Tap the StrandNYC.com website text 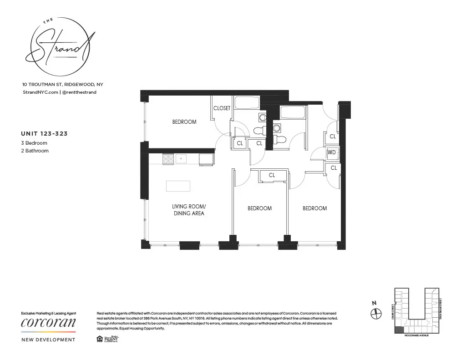[x=40, y=92]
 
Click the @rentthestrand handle [x=79, y=92]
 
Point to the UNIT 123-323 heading [x=44, y=134]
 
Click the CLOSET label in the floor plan [x=222, y=108]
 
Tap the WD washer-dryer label [x=331, y=153]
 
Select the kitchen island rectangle [x=178, y=186]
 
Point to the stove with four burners [x=168, y=159]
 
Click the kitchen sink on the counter [x=181, y=159]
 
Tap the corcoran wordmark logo [x=48, y=323]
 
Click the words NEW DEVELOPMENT [x=48, y=340]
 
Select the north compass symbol [x=375, y=314]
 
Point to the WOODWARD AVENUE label [x=416, y=335]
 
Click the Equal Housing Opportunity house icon [x=100, y=338]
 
